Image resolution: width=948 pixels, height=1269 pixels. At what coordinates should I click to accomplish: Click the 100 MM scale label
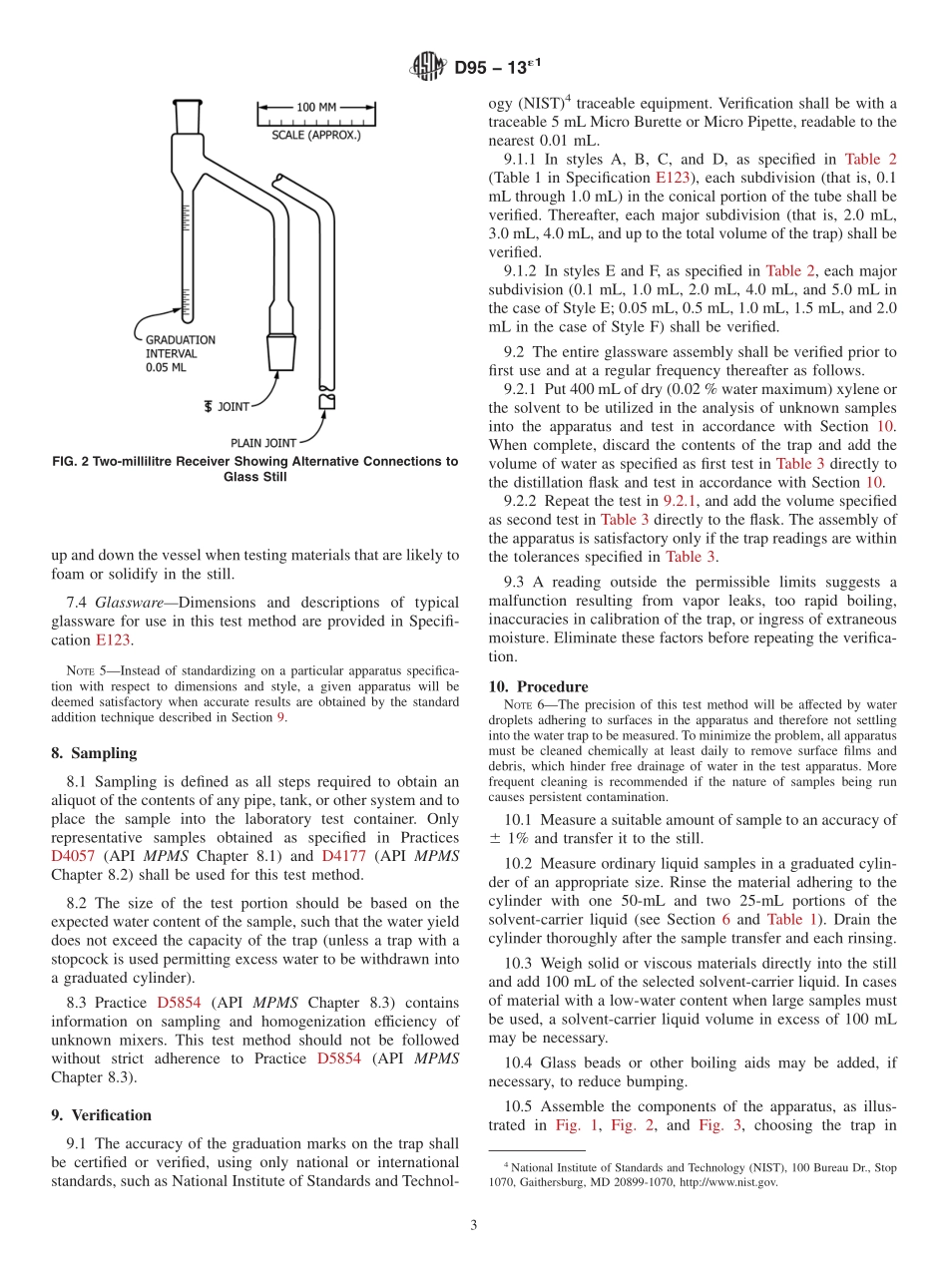click(317, 106)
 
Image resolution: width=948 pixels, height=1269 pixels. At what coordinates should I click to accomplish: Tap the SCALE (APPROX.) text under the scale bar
click(317, 134)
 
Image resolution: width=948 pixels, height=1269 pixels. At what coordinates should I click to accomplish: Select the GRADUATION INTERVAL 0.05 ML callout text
click(180, 353)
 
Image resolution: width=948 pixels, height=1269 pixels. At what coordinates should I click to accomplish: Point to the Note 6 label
click(524, 704)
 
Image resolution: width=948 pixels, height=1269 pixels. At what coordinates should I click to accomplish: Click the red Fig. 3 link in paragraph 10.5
click(716, 1124)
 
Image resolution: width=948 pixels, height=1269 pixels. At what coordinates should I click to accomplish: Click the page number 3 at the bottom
click(474, 1225)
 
